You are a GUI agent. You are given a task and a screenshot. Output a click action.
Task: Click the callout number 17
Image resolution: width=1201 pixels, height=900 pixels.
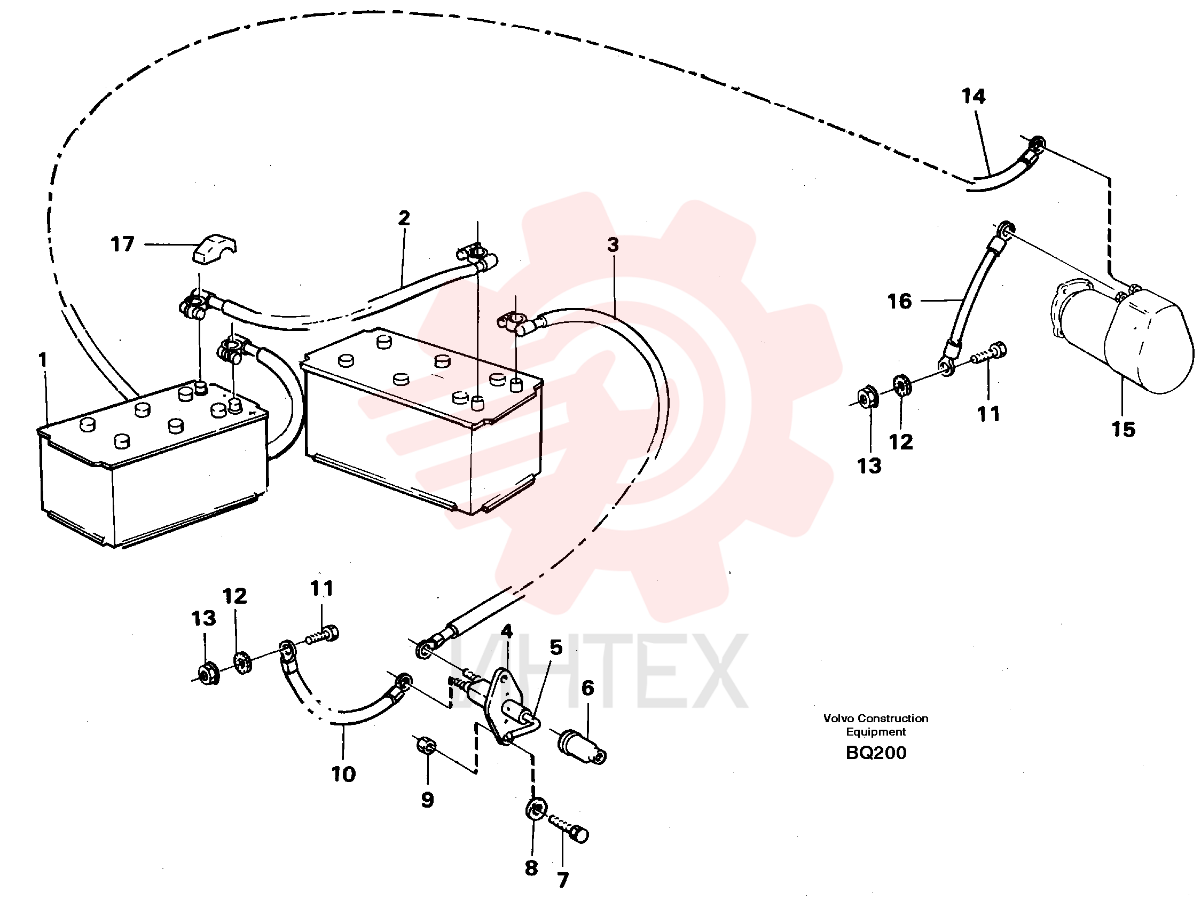(122, 244)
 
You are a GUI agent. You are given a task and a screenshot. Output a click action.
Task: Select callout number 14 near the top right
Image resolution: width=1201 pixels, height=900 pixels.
(973, 97)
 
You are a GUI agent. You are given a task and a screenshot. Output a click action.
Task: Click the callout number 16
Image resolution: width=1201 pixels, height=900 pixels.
(899, 301)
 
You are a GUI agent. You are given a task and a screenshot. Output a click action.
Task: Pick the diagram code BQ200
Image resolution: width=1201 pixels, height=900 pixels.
(876, 753)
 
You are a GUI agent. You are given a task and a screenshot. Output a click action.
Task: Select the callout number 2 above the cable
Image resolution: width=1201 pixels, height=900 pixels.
(404, 218)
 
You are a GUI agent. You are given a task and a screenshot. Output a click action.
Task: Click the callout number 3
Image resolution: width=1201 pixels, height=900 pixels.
(613, 245)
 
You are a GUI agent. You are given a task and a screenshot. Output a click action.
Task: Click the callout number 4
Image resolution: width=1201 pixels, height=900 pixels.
(507, 631)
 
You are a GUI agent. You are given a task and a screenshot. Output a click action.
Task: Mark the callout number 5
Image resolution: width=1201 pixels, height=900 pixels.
(556, 647)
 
